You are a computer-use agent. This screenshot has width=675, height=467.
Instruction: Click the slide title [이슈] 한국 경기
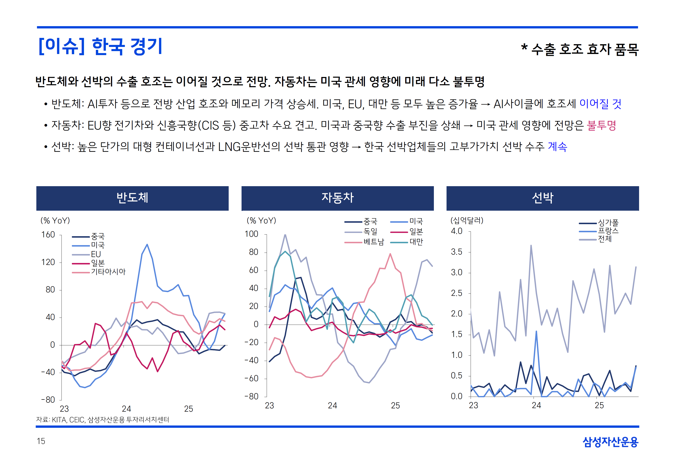[x=100, y=46]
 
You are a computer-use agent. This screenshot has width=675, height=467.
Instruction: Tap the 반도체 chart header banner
[x=132, y=198]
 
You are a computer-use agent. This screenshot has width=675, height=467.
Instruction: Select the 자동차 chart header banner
[x=337, y=198]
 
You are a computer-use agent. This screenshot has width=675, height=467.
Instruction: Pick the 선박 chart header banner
[x=542, y=198]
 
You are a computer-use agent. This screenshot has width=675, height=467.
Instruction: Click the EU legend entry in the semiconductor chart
[x=96, y=254]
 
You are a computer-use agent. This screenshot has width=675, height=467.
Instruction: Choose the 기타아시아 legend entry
[x=108, y=272]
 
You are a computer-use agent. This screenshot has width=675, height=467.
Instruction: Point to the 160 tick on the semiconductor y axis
[x=48, y=235]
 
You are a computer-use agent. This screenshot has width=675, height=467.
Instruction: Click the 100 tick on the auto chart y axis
[x=252, y=234]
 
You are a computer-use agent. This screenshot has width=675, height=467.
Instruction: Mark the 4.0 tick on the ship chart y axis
[x=457, y=231]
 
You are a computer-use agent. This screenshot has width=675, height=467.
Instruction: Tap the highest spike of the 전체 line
[x=531, y=246]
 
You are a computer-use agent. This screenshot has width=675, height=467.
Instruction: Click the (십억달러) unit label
[x=467, y=220]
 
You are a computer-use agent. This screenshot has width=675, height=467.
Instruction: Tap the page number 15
[x=41, y=441]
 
